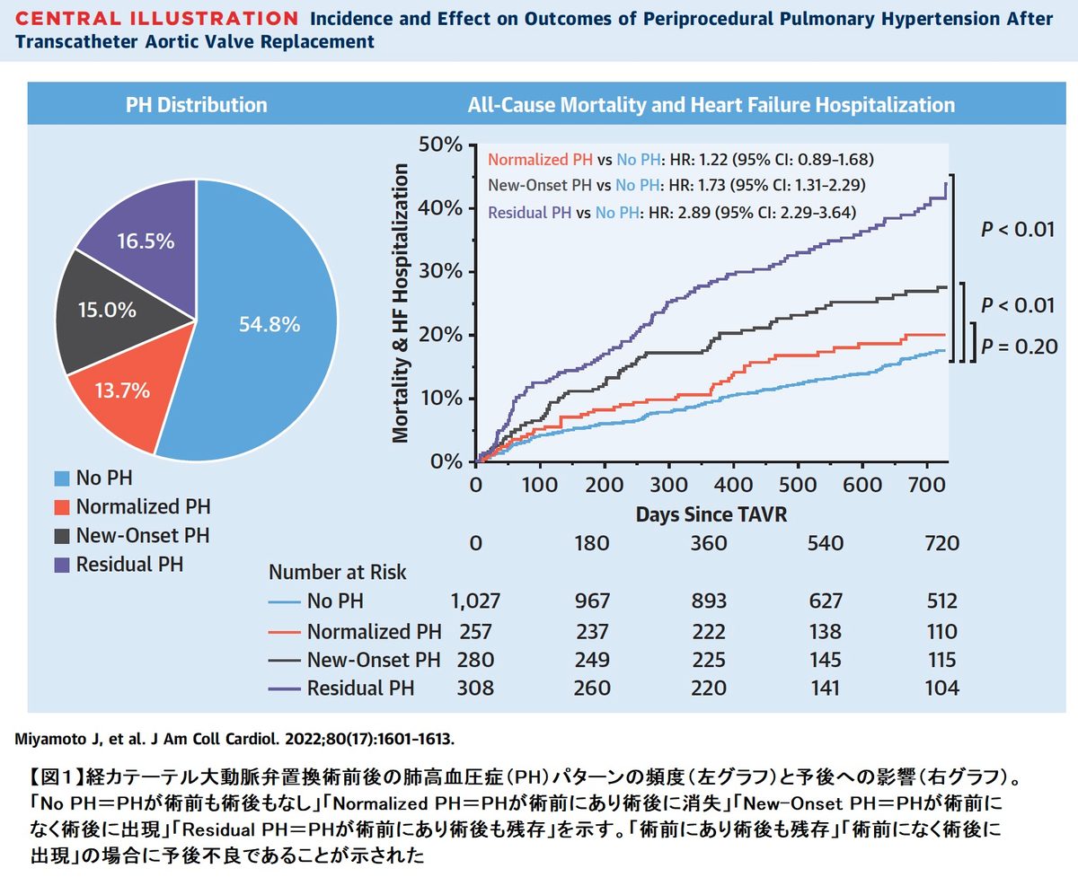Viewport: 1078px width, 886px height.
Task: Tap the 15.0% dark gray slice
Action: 108,311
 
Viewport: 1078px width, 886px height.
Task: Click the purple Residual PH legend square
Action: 61,565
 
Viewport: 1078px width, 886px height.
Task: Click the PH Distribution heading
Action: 195,105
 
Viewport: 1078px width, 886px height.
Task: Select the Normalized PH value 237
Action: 592,631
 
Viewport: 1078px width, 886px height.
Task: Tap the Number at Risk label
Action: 338,572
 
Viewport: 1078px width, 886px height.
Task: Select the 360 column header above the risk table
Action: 710,543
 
